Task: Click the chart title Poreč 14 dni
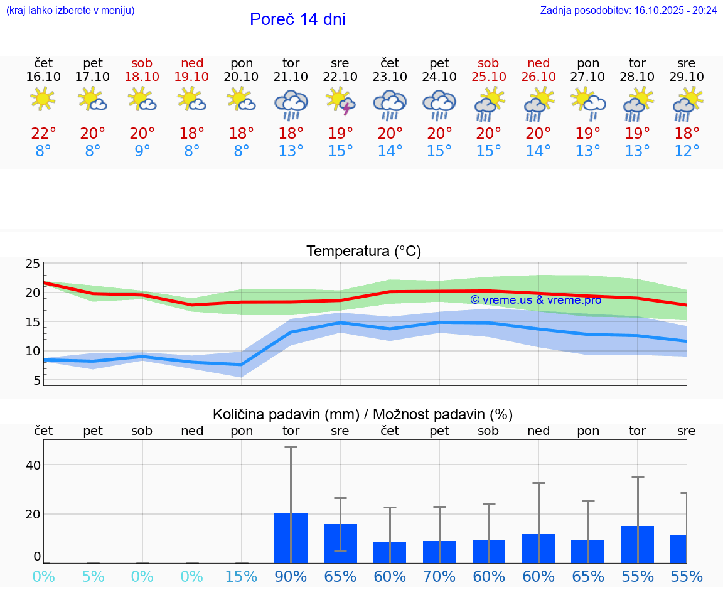(x=297, y=19)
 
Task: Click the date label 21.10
(x=291, y=77)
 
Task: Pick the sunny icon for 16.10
(x=43, y=99)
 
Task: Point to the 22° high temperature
(x=43, y=134)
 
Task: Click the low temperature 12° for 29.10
(x=687, y=151)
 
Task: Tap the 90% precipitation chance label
(x=291, y=576)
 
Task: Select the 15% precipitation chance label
(x=242, y=576)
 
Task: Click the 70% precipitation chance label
(x=439, y=576)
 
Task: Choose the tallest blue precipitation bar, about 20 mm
(x=291, y=538)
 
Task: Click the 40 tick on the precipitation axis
(x=33, y=464)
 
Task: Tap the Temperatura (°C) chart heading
(x=363, y=252)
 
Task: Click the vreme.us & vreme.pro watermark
(x=536, y=300)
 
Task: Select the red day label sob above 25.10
(x=488, y=63)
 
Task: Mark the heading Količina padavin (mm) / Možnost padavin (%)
(x=363, y=414)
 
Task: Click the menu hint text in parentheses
(x=70, y=10)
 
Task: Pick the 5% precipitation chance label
(x=93, y=576)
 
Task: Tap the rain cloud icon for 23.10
(x=390, y=104)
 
